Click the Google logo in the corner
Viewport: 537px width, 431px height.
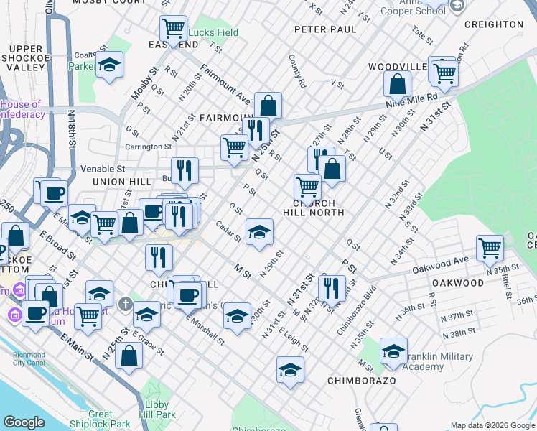24,422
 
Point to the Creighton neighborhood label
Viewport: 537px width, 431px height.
494,24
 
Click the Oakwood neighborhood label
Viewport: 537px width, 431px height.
459,283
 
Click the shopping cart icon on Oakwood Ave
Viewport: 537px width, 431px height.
490,249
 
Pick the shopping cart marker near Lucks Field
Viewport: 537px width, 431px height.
173,29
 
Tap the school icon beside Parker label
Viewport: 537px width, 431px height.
109,66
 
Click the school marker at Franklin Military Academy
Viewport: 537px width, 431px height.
393,351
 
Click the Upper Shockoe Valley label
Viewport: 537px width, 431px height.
27,57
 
